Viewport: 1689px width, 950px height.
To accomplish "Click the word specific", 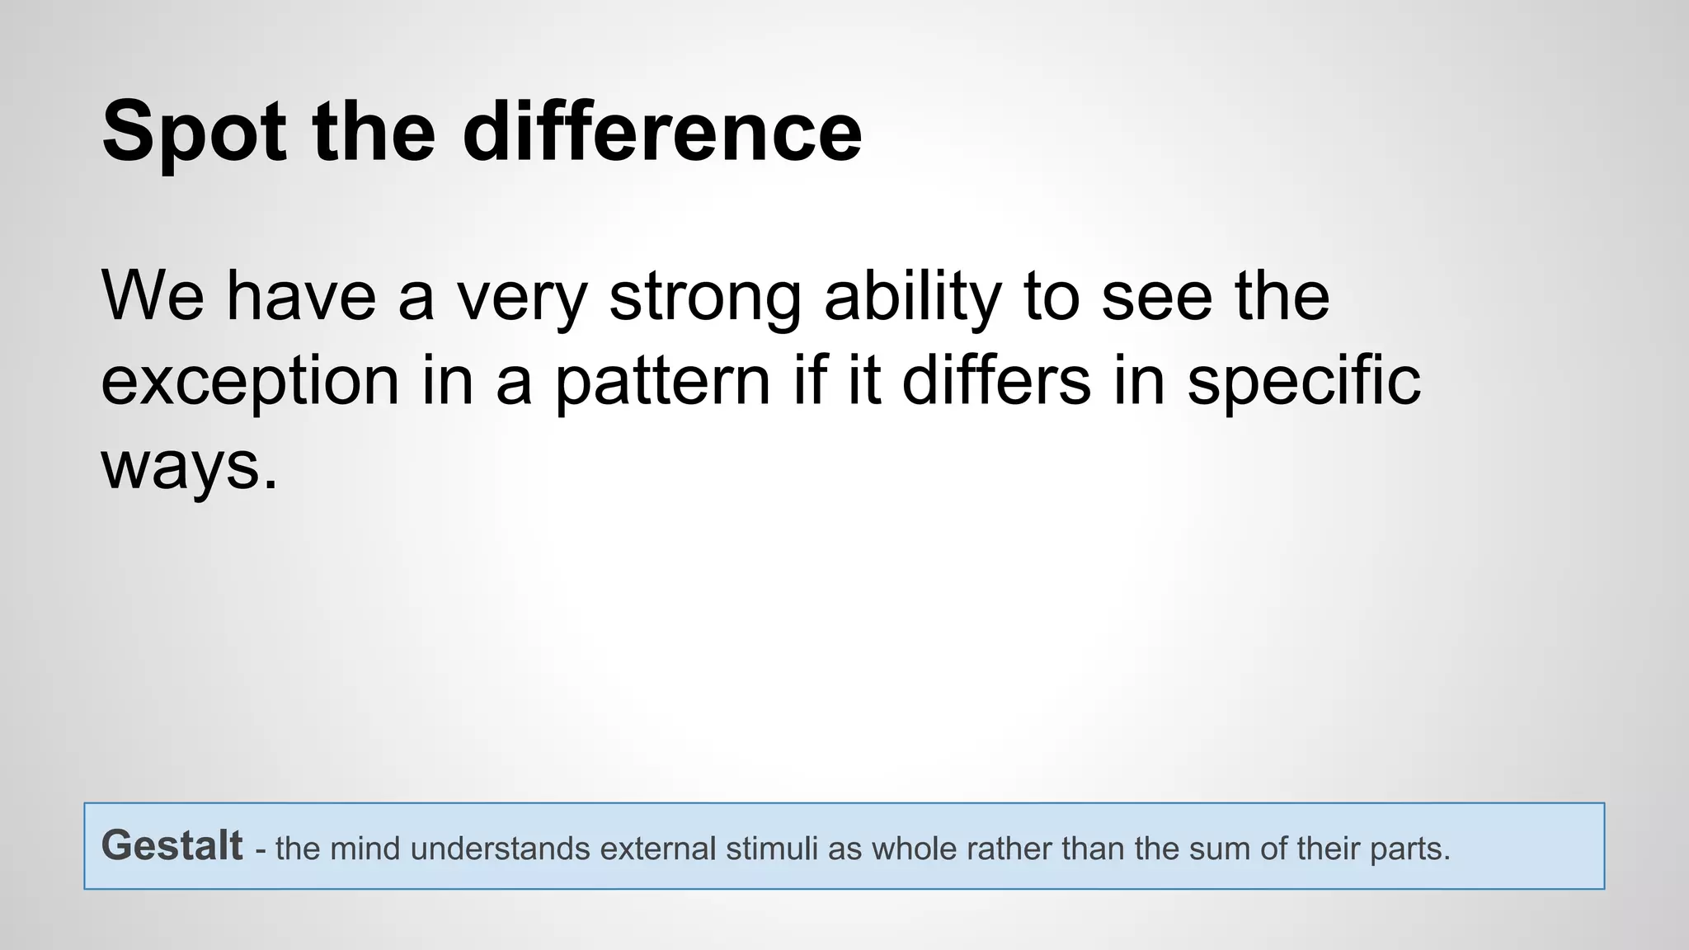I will coord(1304,383).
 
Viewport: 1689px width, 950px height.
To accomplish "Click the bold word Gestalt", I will coord(172,846).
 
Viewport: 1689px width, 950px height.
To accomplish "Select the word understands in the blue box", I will coord(500,849).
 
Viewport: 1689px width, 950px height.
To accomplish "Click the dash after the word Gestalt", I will coord(260,850).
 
